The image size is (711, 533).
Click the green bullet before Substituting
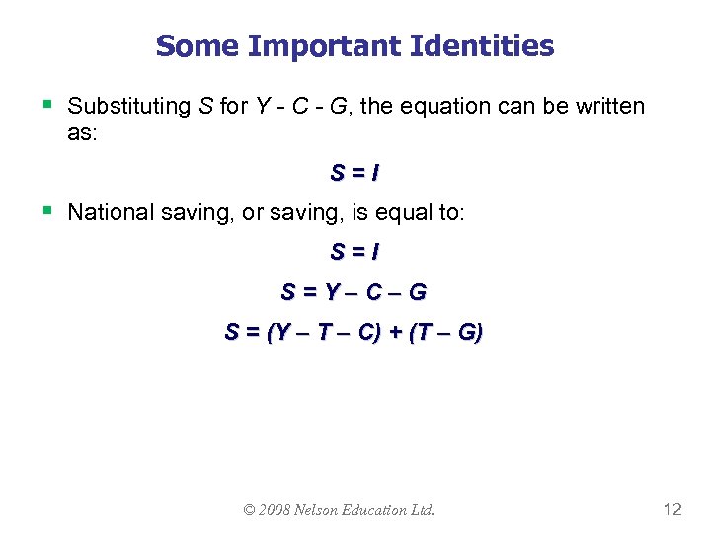coord(48,103)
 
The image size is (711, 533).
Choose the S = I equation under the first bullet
coord(355,173)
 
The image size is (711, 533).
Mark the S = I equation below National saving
coord(355,253)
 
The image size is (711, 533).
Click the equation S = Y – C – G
coord(355,292)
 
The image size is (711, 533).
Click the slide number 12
coord(672,509)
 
